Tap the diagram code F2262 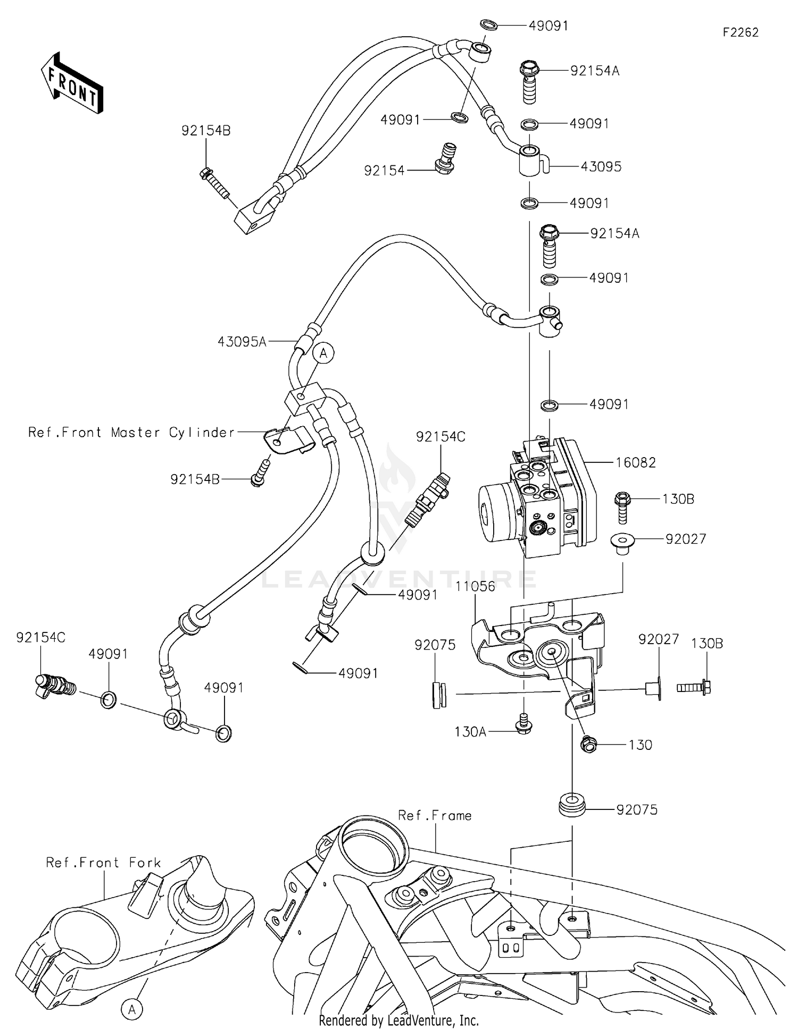point(740,32)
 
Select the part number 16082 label point(635,462)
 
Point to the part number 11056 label point(475,586)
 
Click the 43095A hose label point(242,342)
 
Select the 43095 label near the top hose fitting point(601,167)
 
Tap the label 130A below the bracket point(470,732)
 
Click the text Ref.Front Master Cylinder point(131,433)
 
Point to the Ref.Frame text point(435,816)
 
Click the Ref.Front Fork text point(103,863)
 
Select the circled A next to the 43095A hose point(323,353)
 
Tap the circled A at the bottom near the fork point(132,1009)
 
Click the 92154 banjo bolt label point(384,171)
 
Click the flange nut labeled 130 point(589,745)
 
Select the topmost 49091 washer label point(548,26)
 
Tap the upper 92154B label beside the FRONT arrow point(206,131)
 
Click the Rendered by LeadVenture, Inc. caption point(398,1020)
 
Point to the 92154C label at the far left point(40,637)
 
